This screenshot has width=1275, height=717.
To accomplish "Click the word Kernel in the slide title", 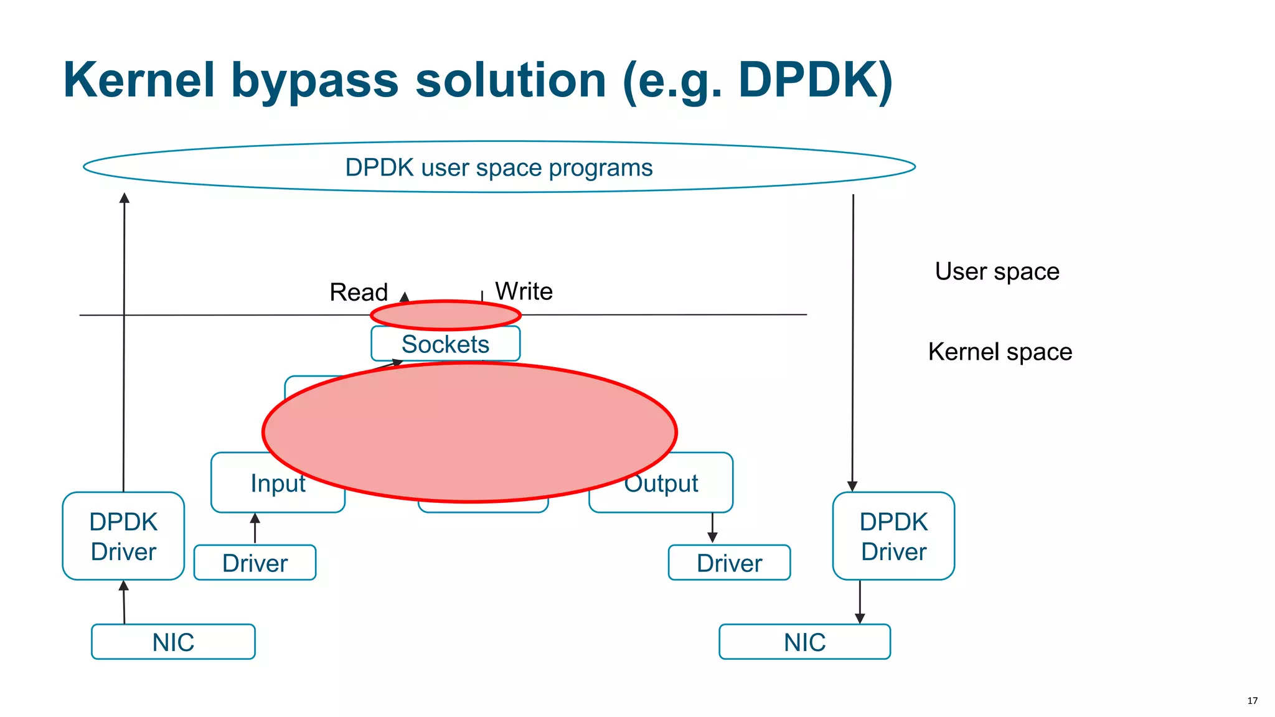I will pyautogui.click(x=139, y=80).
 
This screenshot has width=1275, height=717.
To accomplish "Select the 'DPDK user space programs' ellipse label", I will pyautogui.click(x=499, y=167).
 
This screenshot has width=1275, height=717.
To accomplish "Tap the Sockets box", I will pyautogui.click(x=445, y=344).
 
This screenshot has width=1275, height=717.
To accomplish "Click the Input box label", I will pyautogui.click(x=277, y=484).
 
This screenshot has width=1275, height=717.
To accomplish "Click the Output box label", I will pyautogui.click(x=662, y=484).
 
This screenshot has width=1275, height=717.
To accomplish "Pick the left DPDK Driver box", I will pyautogui.click(x=123, y=536).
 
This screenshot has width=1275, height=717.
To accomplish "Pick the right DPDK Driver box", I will pyautogui.click(x=893, y=536).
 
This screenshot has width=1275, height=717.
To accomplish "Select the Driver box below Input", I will pyautogui.click(x=255, y=563).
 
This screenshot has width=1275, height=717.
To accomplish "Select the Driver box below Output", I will pyautogui.click(x=729, y=563).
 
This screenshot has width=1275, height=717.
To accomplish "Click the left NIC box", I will pyautogui.click(x=173, y=642).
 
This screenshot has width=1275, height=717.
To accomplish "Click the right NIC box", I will pyautogui.click(x=804, y=642).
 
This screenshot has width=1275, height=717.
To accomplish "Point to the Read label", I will pyautogui.click(x=359, y=292).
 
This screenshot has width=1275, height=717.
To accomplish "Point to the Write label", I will pyautogui.click(x=524, y=291).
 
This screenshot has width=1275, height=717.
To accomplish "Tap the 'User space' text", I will pyautogui.click(x=997, y=271).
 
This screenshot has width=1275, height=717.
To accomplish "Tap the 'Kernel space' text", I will pyautogui.click(x=1000, y=352).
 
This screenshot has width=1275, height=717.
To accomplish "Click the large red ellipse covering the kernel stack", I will pyautogui.click(x=469, y=433).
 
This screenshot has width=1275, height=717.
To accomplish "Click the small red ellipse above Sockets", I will pyautogui.click(x=446, y=315).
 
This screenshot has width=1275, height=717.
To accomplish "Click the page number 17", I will pyautogui.click(x=1252, y=700).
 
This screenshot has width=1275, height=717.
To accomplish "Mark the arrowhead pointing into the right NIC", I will pyautogui.click(x=860, y=619).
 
